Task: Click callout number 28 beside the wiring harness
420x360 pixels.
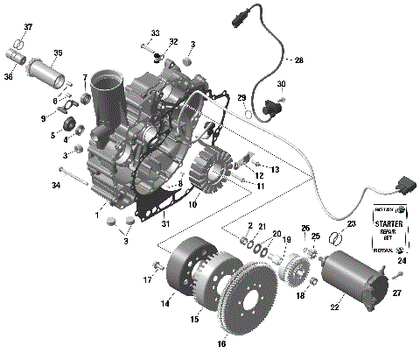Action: click(x=298, y=60)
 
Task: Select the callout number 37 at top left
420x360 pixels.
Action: click(x=27, y=27)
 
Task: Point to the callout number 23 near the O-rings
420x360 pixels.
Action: click(x=351, y=224)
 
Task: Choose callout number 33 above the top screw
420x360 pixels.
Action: click(x=154, y=33)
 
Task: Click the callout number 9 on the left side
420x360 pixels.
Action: click(x=42, y=117)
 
